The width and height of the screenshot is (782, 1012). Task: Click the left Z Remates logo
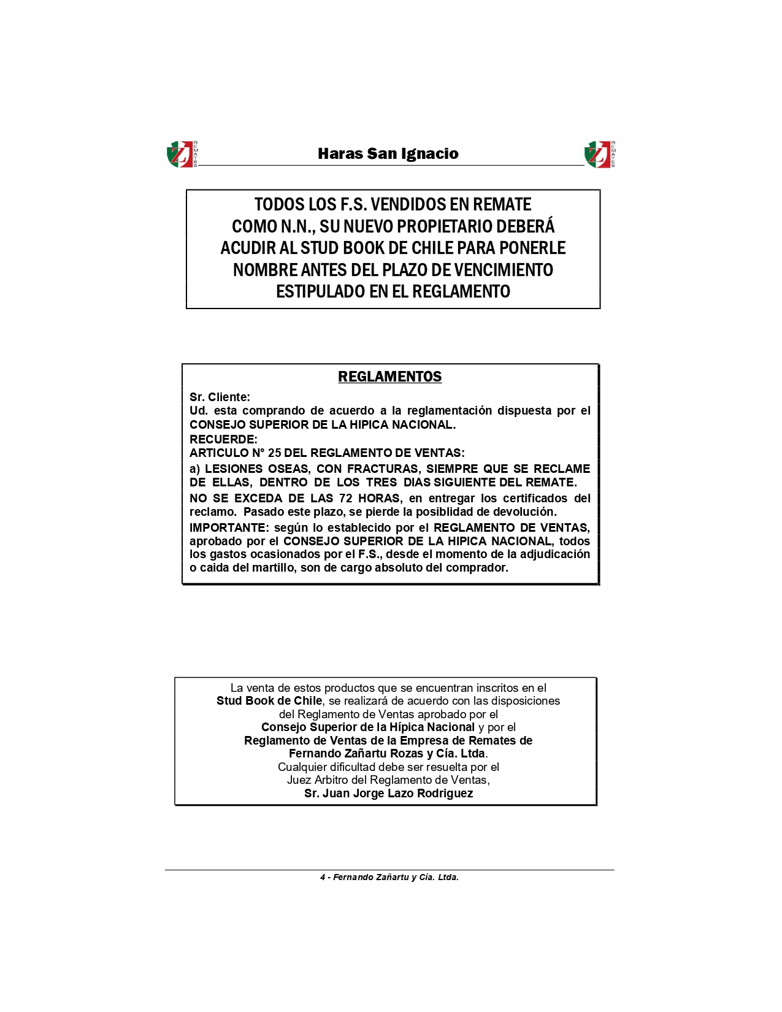182,154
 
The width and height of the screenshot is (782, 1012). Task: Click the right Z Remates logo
599,154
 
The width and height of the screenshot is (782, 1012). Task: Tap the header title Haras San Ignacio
388,153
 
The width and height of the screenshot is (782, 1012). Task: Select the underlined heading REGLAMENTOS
389,377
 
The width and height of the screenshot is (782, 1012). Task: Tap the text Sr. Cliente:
220,397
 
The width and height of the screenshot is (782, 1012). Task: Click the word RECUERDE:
223,439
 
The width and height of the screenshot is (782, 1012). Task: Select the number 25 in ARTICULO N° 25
274,453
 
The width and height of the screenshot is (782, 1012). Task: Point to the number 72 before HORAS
345,498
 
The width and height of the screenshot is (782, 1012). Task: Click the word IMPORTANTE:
229,527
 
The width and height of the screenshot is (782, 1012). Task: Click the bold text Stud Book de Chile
269,701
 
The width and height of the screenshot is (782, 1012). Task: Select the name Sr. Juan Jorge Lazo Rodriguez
388,794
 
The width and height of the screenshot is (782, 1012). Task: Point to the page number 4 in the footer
323,878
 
